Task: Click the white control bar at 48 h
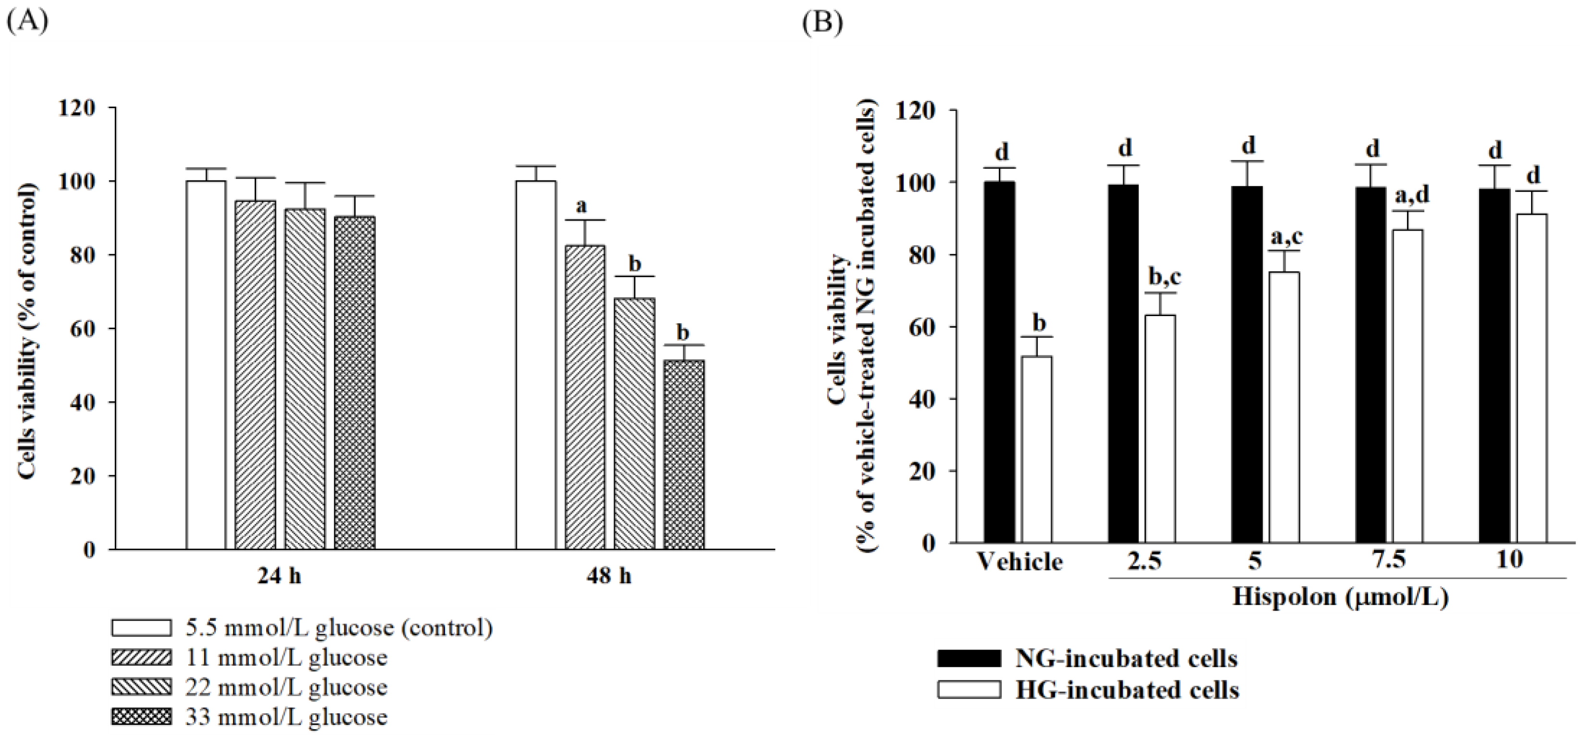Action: [536, 365]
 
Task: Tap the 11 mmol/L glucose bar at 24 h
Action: [255, 374]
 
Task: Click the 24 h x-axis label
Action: [279, 577]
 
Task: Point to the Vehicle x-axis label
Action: [1019, 562]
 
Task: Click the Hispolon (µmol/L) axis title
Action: [1341, 597]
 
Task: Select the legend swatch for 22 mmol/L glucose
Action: [141, 687]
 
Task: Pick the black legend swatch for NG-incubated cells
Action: [968, 658]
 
